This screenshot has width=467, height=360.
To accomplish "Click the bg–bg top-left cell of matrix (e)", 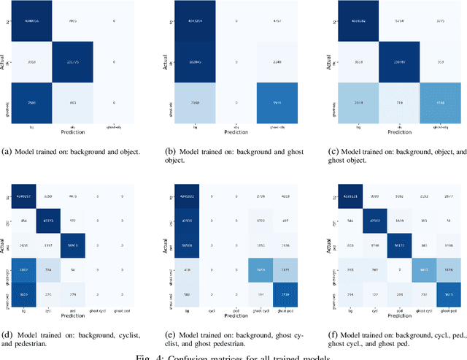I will (x=204, y=196).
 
